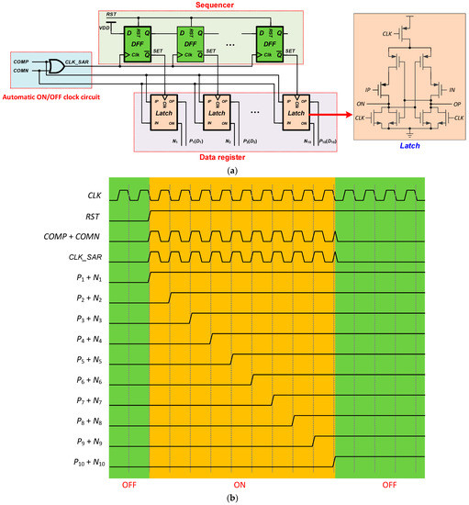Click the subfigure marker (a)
pyautogui.click(x=233, y=170)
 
